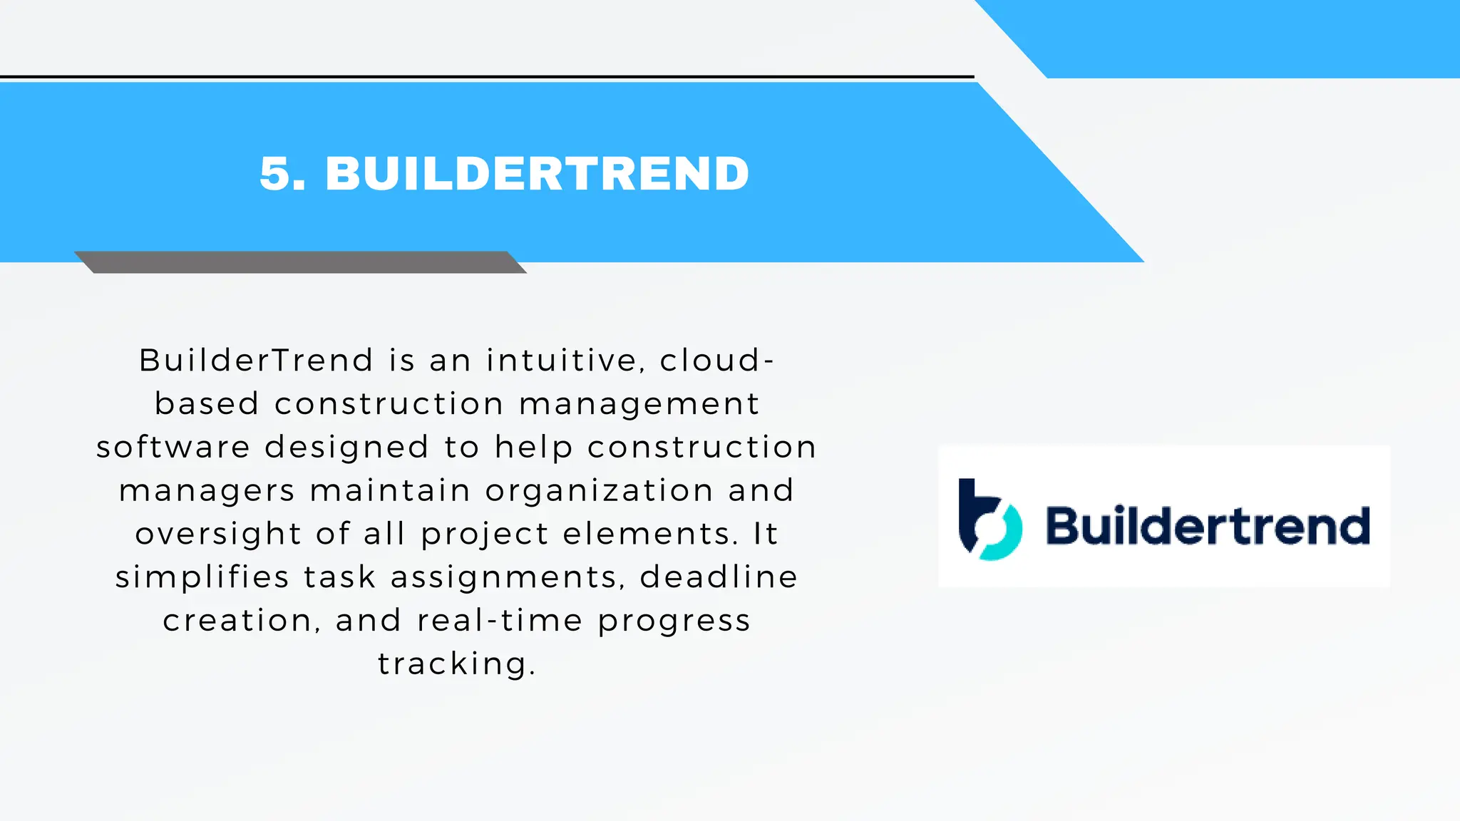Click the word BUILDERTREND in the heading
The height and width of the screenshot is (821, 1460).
(x=537, y=173)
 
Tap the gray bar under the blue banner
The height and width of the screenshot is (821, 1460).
(x=300, y=262)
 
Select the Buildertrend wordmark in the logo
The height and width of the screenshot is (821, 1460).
(x=1208, y=525)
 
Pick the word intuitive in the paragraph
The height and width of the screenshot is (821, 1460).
(x=562, y=360)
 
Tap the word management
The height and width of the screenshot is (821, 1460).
(x=639, y=404)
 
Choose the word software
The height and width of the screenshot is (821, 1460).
(x=173, y=448)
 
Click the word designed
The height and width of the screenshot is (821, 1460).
(x=346, y=448)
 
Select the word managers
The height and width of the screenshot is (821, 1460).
(x=207, y=491)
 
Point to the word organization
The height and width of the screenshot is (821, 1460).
(x=599, y=491)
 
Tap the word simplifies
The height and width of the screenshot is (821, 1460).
(x=202, y=577)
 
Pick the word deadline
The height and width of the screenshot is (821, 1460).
(x=719, y=577)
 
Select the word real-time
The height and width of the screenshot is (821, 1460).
(x=499, y=620)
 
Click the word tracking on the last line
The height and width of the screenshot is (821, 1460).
(x=452, y=664)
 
